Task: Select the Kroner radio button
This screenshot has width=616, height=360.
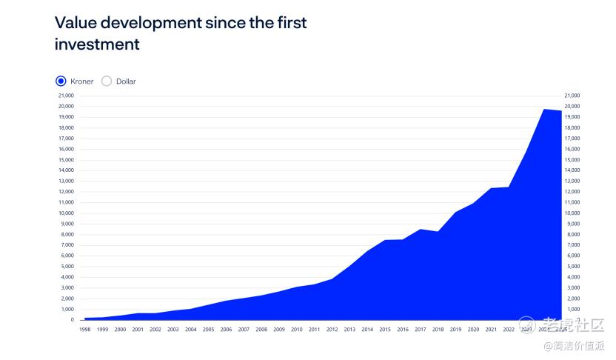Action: point(61,81)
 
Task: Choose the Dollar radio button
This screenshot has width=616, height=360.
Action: point(107,81)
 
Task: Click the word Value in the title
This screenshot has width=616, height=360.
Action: point(76,22)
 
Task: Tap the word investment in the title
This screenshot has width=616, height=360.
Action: point(97,44)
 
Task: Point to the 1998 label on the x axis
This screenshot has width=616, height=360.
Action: point(85,329)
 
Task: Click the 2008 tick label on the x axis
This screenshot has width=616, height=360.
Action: point(261,329)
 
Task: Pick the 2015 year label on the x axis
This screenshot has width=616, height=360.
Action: point(385,329)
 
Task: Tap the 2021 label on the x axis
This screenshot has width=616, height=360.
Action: point(491,329)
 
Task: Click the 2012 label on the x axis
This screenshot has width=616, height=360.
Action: point(332,329)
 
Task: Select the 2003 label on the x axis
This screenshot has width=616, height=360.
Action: point(173,329)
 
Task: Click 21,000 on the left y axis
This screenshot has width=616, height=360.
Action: point(66,96)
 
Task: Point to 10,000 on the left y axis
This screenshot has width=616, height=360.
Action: point(66,213)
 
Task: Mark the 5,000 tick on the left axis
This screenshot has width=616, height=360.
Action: point(67,266)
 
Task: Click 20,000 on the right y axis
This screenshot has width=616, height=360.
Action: point(572,106)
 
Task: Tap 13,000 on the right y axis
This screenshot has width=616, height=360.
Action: point(572,181)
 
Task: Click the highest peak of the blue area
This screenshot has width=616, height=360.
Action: point(544,110)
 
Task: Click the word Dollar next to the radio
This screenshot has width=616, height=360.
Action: point(126,81)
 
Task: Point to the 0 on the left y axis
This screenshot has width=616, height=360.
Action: point(73,320)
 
